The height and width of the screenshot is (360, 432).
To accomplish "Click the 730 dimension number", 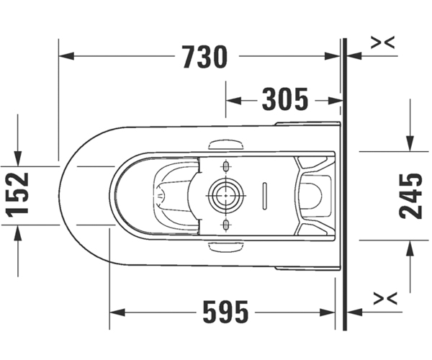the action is coord(205,57).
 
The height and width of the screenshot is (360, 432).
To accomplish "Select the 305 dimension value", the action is coord(285,99).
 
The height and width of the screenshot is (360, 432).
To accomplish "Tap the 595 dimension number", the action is coord(225,312).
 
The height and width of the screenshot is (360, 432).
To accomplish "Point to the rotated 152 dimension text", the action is coord(17,195).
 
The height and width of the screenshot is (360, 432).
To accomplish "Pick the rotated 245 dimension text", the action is coord(410,196).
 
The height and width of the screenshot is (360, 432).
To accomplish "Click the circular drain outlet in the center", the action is coord(226,196).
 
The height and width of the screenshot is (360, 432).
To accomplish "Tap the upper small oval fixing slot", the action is coord(226,166).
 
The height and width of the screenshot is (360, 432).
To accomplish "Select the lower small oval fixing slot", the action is coord(226,225).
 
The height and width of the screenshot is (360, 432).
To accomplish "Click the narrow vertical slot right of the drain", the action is coord(265,196).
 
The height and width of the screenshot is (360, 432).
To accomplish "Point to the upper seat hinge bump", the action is coord(226,145).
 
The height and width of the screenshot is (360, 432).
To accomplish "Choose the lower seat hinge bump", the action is coord(226,246).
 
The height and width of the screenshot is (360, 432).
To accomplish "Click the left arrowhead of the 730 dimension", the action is coord(66,56).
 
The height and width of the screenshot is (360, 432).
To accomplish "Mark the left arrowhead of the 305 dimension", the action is coord(233,101).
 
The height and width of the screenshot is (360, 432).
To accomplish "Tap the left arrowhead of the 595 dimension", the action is coord(117,312).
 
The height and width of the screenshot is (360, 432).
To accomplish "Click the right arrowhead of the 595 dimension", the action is coord(328,312).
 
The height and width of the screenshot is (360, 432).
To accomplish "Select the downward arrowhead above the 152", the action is coord(18,158).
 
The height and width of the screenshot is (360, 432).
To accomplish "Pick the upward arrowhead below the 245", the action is coord(410,248).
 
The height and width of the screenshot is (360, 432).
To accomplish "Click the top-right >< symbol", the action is coord(383,42).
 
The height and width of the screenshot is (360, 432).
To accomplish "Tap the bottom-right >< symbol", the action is coord(385,299).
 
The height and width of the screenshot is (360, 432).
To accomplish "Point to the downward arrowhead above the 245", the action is coord(410,143).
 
